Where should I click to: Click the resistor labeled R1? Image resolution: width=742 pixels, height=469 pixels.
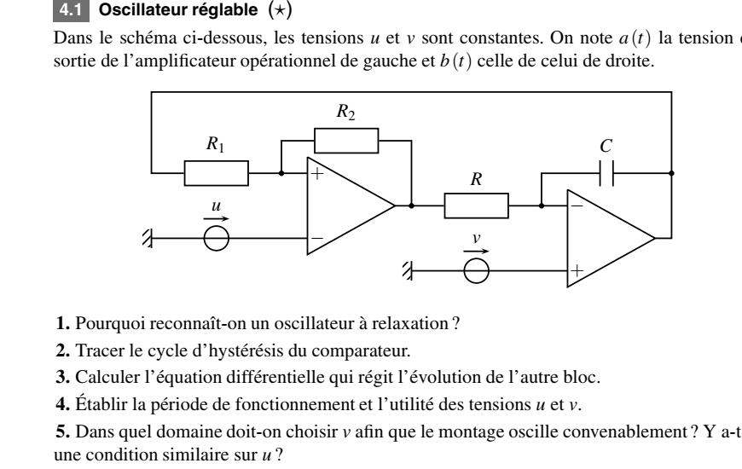point(217,172)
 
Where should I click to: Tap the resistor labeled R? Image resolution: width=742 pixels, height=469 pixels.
point(476,206)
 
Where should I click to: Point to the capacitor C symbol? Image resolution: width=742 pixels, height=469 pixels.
point(606,172)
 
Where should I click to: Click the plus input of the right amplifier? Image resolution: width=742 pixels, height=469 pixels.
point(577,270)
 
